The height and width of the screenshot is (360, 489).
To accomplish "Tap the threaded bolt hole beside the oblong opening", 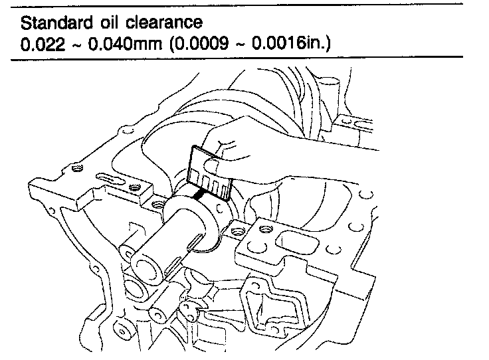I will click(x=266, y=229).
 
